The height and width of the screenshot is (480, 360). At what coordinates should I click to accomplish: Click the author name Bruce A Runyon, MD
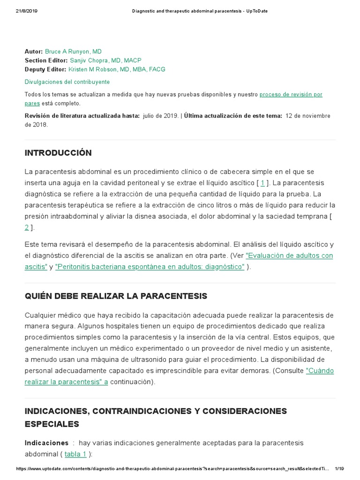[x=73, y=52]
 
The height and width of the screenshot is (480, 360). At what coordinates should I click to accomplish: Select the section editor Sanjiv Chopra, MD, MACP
[x=105, y=60]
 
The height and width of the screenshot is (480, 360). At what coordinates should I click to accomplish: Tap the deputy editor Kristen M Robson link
[x=117, y=69]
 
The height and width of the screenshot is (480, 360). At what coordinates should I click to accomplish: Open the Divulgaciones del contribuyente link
[x=67, y=82]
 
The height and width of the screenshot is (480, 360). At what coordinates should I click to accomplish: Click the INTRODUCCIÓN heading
[x=58, y=153]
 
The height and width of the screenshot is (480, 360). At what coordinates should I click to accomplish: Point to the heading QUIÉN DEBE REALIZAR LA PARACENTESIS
[x=116, y=296]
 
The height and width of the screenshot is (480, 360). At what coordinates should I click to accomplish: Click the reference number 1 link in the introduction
[x=263, y=183]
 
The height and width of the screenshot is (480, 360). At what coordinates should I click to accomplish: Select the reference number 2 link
[x=27, y=227]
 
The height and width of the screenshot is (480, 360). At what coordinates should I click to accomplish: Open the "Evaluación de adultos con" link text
[x=289, y=255]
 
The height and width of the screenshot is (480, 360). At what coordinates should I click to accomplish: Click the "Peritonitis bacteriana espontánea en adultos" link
[x=150, y=267]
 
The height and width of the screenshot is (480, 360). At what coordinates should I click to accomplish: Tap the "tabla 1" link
[x=75, y=454]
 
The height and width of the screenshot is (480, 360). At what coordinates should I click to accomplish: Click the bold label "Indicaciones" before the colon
[x=46, y=442]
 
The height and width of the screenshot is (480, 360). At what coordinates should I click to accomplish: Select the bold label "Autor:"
[x=34, y=52]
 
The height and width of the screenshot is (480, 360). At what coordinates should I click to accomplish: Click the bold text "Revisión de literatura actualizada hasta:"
[x=82, y=116]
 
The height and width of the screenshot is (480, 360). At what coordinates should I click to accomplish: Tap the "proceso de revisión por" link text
[x=291, y=95]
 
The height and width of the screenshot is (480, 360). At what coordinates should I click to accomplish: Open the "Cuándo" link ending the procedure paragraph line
[x=320, y=370]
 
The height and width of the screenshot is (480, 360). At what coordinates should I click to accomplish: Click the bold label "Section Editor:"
[x=46, y=60]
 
